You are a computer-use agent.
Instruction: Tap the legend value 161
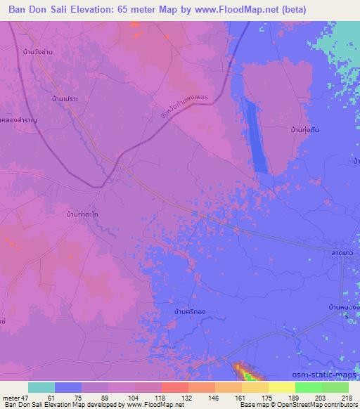229,397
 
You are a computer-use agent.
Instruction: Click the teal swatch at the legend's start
41,387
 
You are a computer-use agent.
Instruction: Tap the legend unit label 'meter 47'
15,397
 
